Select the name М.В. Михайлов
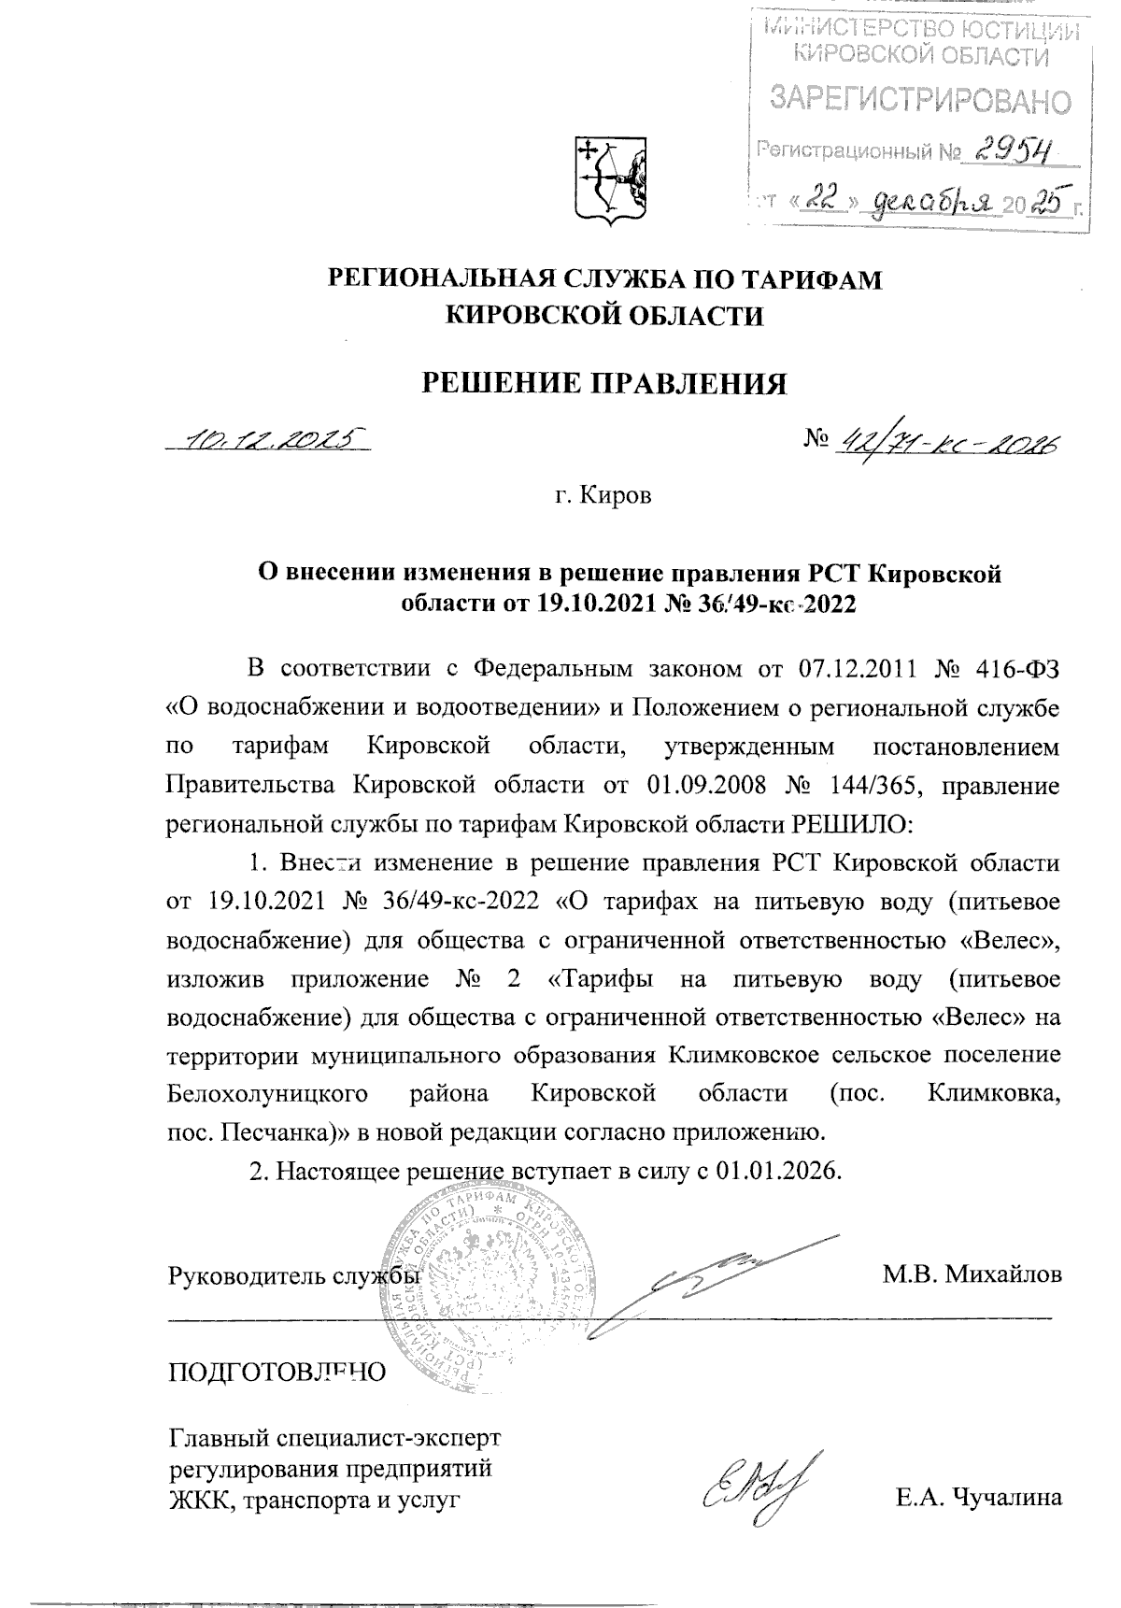972,1275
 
